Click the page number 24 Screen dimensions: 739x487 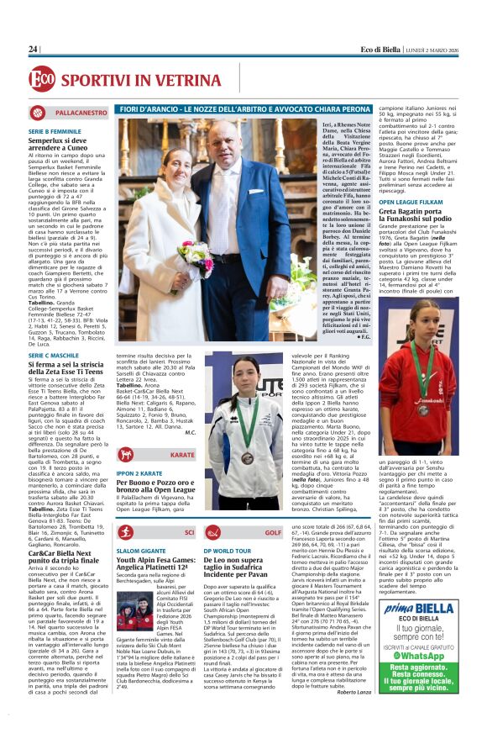[x=33, y=49]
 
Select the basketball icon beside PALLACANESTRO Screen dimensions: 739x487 [x=38, y=112]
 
